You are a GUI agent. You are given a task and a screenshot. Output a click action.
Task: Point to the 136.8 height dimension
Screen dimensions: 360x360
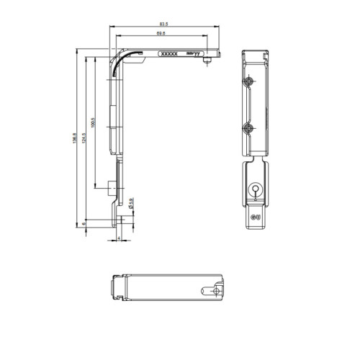pos(74,137)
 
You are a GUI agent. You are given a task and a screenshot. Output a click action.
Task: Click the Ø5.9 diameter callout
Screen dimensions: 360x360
pos(130,204)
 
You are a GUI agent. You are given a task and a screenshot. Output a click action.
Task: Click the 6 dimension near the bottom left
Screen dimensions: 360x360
pos(84,224)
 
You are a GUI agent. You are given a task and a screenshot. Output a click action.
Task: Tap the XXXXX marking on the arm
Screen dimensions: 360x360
pos(168,53)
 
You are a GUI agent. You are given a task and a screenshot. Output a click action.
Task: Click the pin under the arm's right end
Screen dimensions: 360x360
pos(207,62)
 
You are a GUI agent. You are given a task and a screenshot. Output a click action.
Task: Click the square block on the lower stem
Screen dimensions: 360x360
pos(108,189)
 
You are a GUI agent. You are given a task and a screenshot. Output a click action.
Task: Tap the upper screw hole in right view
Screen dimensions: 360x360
pos(248,81)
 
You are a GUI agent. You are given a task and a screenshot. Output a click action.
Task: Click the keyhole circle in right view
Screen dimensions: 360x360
pos(253,190)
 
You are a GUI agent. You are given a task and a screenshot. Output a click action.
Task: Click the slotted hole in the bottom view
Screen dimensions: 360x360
pos(213,292)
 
